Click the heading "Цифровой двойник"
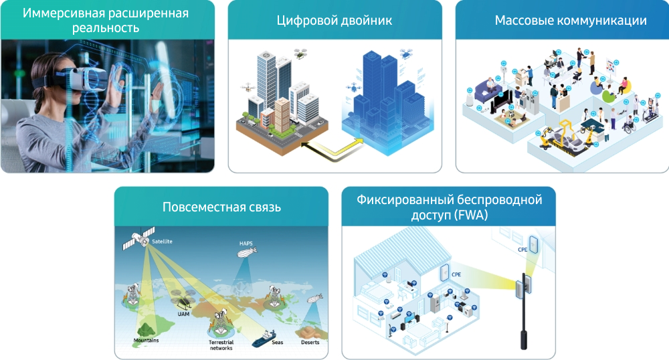point(334,21)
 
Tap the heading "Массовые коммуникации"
point(571,21)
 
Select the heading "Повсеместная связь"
point(221,207)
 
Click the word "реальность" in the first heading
point(106,28)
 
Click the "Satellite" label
point(162,242)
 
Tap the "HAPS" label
point(246,244)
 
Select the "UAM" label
point(183,314)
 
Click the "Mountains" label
point(146,341)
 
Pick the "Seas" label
point(278,342)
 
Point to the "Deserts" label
point(310,342)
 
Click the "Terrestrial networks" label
point(221,345)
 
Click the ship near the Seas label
point(264,339)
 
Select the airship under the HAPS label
point(247,253)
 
